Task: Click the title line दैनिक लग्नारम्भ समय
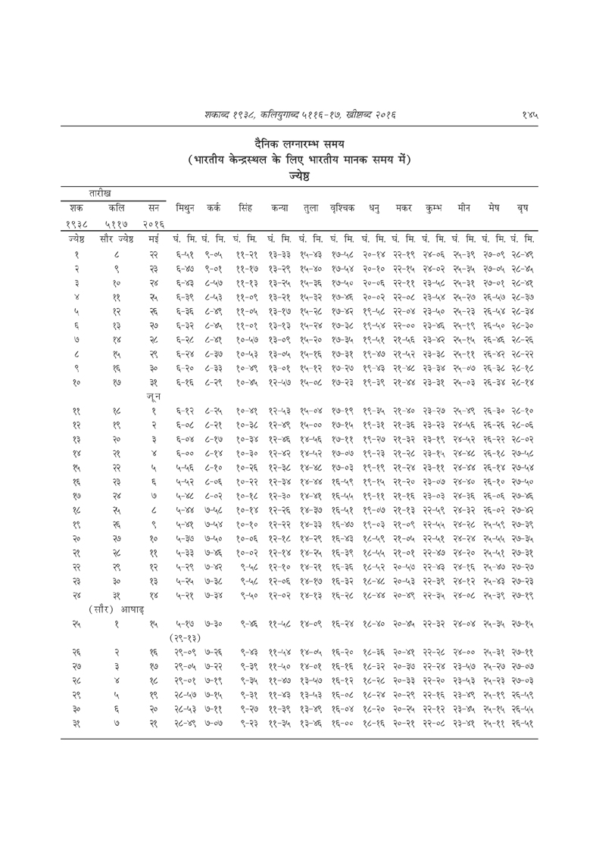pyautogui.click(x=301, y=144)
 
